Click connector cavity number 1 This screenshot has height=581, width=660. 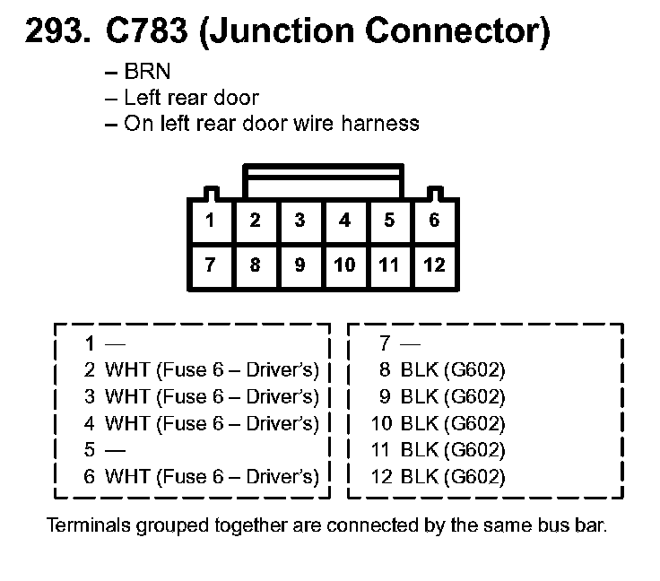[x=210, y=221]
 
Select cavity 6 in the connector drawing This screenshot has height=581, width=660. [x=434, y=221]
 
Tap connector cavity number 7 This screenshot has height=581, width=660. [x=210, y=265]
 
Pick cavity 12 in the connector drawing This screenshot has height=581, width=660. [x=434, y=265]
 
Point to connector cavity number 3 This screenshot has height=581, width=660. [x=300, y=221]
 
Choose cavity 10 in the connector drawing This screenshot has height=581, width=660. [x=344, y=265]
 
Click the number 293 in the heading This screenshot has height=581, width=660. [x=55, y=33]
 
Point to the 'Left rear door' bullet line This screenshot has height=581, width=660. [x=190, y=98]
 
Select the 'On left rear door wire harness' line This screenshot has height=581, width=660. [x=270, y=123]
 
